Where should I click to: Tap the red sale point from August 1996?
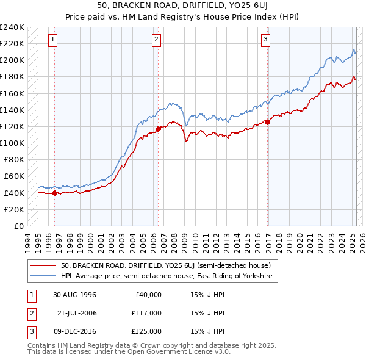54,193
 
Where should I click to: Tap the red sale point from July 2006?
158,129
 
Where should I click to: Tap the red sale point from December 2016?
268,122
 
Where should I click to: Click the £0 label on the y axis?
18,226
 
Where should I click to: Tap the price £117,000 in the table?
145,313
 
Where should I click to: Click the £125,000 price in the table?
145,331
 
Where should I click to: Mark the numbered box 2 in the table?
30,313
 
